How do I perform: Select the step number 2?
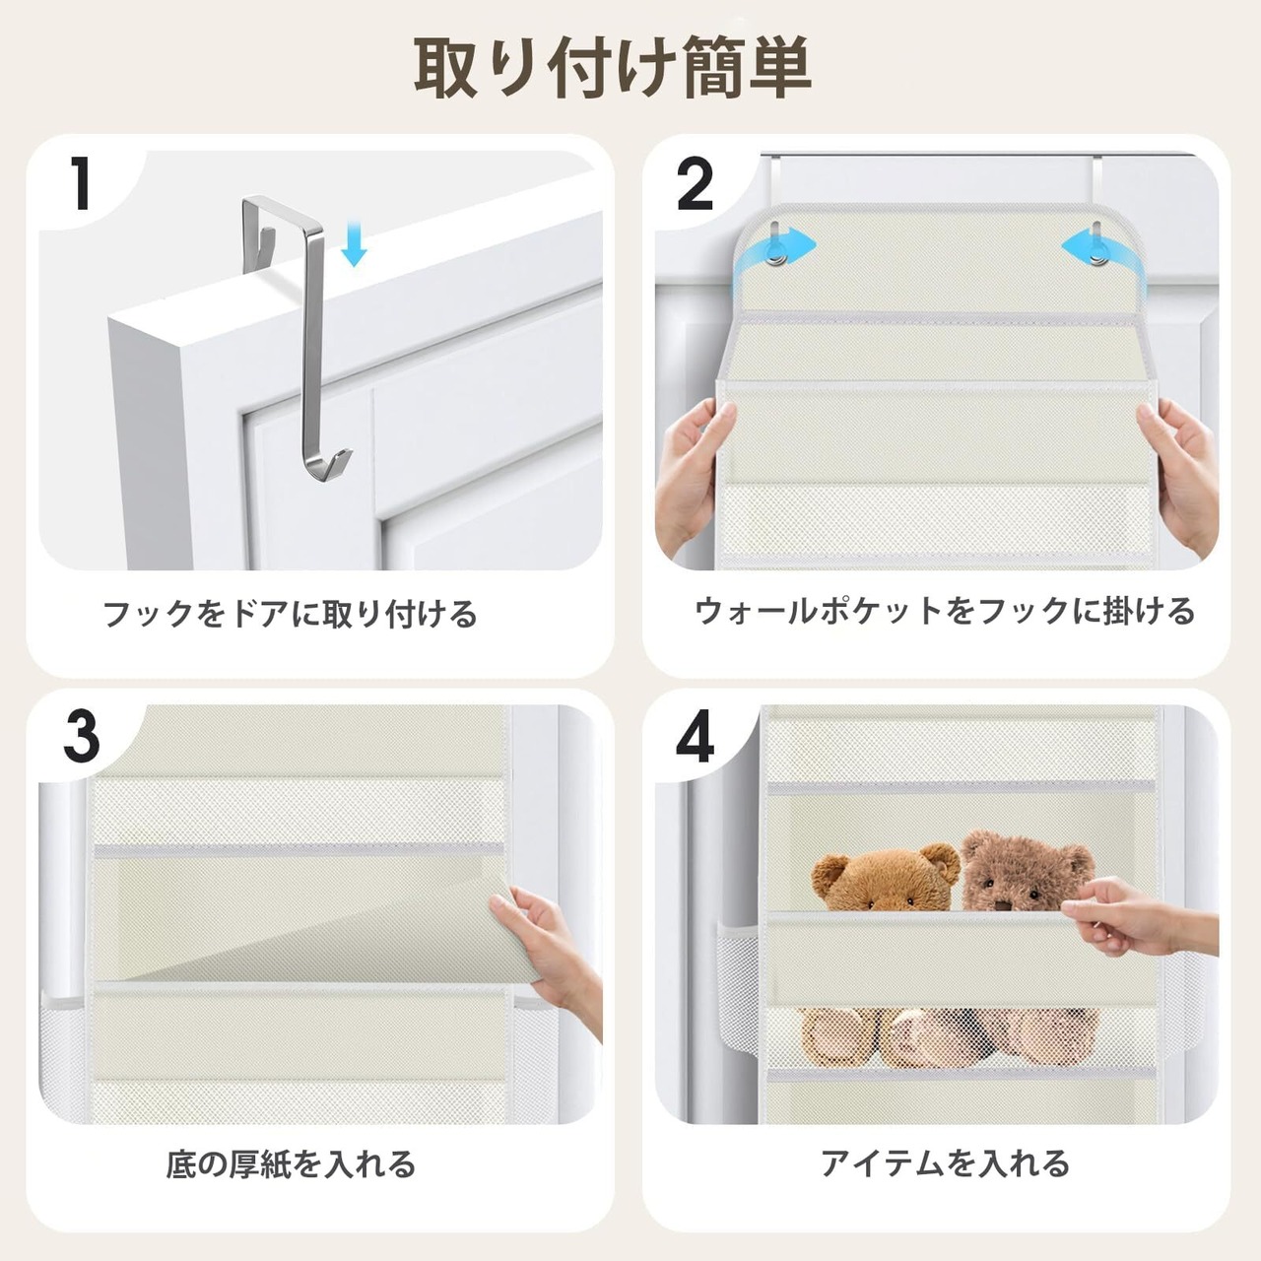point(695,185)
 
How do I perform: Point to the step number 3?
point(82,738)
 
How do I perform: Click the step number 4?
point(695,738)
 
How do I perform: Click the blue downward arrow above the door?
point(354,242)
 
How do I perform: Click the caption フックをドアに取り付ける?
point(290,614)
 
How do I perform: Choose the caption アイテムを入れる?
point(946,1164)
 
